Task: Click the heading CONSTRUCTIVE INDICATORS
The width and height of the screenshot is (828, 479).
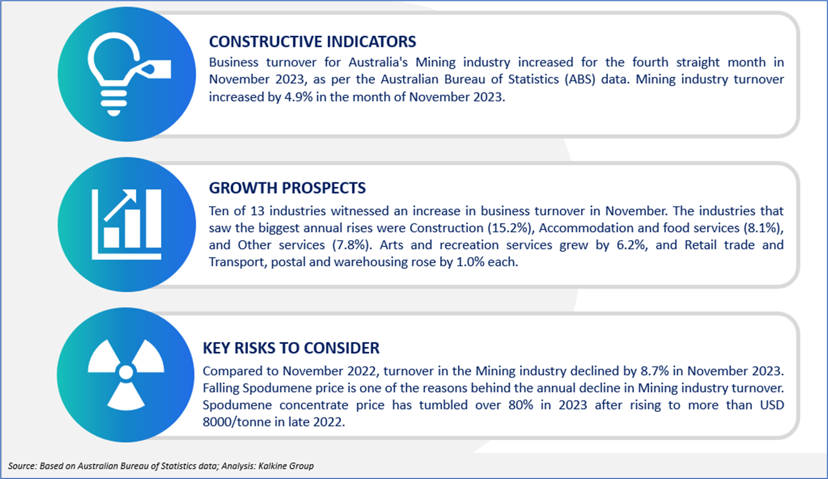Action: coord(312,42)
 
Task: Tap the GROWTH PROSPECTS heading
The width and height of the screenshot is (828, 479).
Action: coord(287,188)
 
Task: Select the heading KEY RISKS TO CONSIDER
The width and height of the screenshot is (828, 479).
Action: coord(291,348)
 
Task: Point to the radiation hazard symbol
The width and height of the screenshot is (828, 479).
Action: coord(126,374)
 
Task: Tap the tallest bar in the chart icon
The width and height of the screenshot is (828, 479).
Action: coord(153,219)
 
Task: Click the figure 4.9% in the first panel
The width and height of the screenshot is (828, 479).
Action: coord(298,97)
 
